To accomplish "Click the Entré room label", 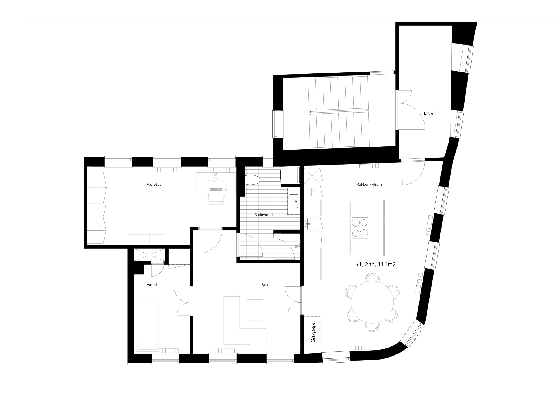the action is [428, 113].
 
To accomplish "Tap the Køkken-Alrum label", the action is [369, 184].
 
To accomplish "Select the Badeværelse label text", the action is [265, 215].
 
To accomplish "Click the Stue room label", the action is [265, 285].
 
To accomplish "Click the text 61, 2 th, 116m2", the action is [375, 265].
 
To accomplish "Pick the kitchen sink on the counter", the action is [312, 224].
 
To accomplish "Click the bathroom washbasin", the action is [294, 201].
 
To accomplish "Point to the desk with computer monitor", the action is [215, 183].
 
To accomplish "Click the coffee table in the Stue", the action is [255, 310].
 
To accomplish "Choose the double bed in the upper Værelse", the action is [147, 218].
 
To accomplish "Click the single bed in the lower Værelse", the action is [147, 324].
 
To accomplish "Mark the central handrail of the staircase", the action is [338, 111].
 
